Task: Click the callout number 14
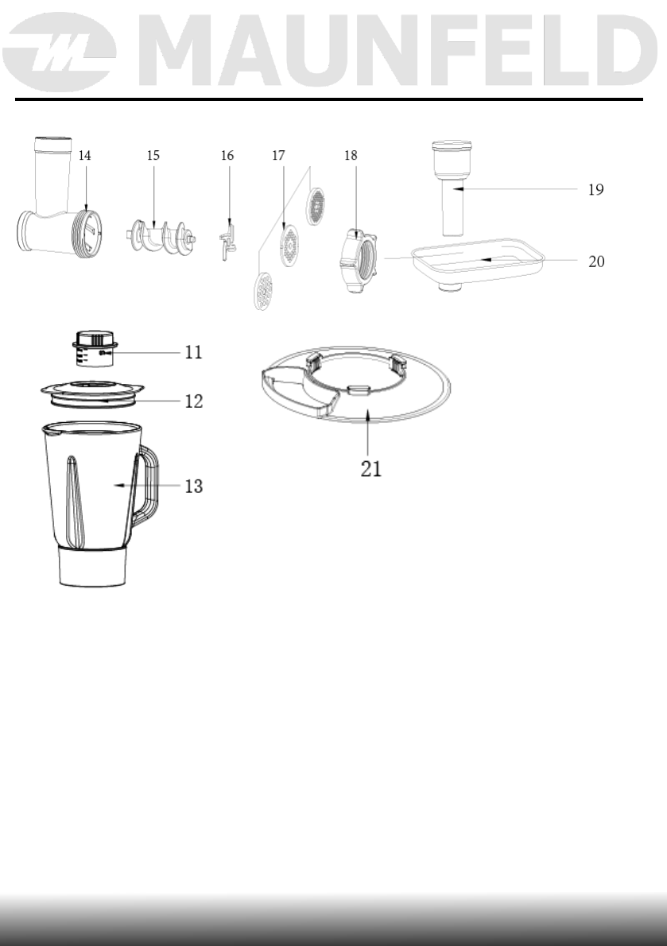pos(85,157)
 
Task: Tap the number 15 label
pos(153,157)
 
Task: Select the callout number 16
pos(227,157)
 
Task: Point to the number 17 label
pos(278,157)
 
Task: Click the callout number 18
pos(351,157)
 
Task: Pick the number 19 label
pos(595,190)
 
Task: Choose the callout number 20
pos(595,260)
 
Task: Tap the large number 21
pos(371,468)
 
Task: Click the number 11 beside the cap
pos(193,351)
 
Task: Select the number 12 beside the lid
pos(193,401)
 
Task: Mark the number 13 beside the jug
pos(193,486)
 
